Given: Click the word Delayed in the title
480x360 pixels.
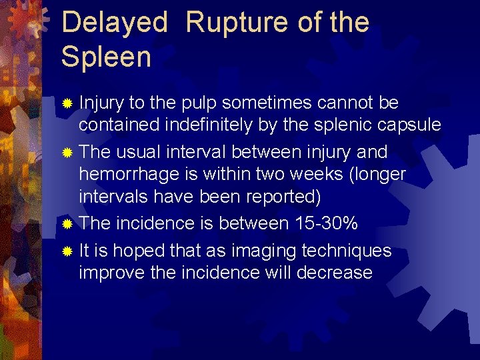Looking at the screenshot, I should click(114, 23).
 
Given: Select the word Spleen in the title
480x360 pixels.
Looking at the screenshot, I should click(106, 57).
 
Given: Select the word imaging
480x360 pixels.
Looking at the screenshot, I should click(259, 251).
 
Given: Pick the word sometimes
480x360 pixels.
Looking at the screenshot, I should click(266, 103).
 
